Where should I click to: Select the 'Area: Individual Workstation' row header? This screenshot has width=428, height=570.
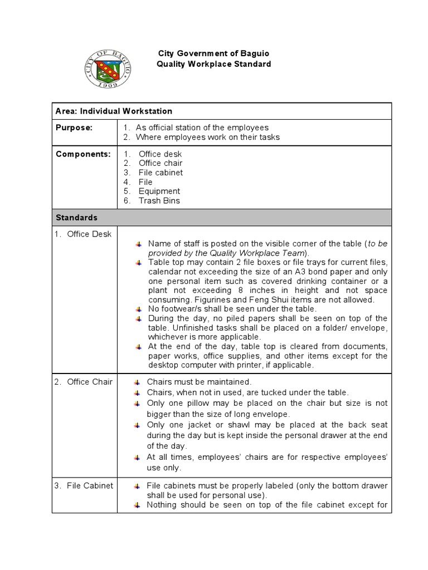tap(114, 111)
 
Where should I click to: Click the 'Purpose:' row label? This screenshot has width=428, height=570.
tap(74, 127)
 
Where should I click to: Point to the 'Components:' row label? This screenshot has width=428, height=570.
tap(83, 154)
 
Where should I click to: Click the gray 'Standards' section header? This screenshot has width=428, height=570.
tap(76, 218)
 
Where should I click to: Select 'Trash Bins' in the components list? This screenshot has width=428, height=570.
tap(159, 201)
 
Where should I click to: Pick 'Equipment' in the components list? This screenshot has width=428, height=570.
tap(159, 191)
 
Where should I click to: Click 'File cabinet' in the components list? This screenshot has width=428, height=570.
tap(160, 173)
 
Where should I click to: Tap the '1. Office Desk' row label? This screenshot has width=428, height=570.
tap(83, 234)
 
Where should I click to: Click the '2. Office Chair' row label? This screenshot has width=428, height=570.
tap(84, 382)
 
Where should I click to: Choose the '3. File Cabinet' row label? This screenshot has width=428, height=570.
tap(84, 485)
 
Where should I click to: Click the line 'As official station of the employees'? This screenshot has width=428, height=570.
tap(202, 127)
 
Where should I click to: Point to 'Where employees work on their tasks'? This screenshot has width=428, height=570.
tap(207, 137)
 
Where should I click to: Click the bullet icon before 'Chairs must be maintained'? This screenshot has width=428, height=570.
tap(137, 382)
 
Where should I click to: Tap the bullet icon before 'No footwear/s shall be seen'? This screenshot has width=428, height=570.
tap(138, 309)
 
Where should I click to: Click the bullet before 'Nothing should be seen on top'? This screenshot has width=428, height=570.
tap(137, 505)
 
